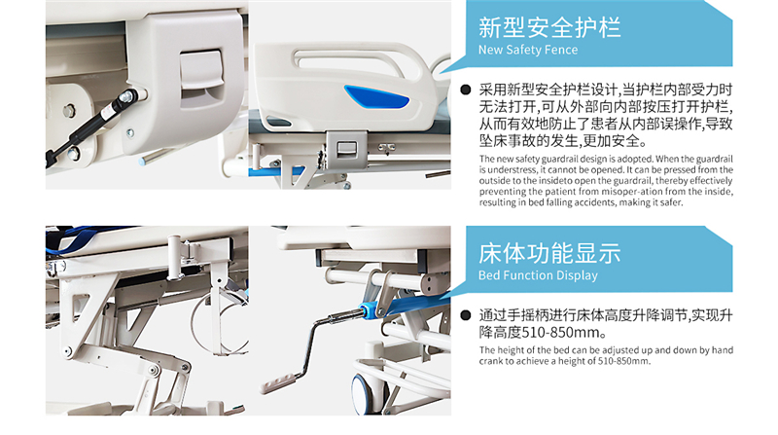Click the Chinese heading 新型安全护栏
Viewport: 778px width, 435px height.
click(x=549, y=27)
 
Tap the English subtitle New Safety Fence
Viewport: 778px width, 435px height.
click(x=528, y=50)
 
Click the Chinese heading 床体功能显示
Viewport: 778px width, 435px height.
click(x=549, y=253)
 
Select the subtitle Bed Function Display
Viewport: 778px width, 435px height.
click(x=538, y=275)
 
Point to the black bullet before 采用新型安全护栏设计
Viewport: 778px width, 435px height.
click(x=466, y=90)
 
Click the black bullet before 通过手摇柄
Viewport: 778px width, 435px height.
click(x=466, y=315)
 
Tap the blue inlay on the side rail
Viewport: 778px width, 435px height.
click(x=376, y=97)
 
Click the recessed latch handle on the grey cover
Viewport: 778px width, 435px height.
click(x=201, y=79)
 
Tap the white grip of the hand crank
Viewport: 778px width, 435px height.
click(x=278, y=382)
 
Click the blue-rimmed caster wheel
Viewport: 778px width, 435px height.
click(x=365, y=391)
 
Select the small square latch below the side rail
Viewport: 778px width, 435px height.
click(x=346, y=149)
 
